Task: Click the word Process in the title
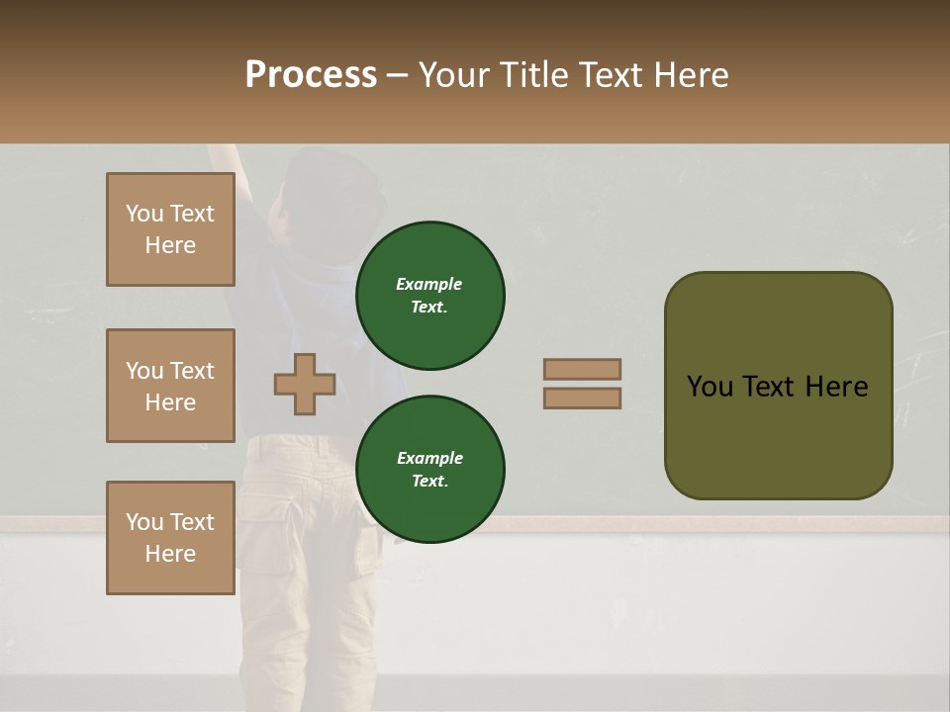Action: coord(311,75)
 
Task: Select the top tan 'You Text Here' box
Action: coord(170,229)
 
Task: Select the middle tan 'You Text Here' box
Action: coord(170,386)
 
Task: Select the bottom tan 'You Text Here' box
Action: coord(170,538)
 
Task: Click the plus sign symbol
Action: coord(305,384)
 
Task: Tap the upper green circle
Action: coord(429,296)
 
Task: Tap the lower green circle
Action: coord(429,470)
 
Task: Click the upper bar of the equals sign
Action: coord(582,369)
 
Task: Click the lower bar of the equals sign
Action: coord(582,398)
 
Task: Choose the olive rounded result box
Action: coord(778,386)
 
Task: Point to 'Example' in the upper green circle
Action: coord(429,284)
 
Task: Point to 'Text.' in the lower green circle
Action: coord(429,482)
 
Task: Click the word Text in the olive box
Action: coord(769,386)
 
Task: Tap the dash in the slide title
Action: coord(397,75)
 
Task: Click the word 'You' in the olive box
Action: coord(710,386)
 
